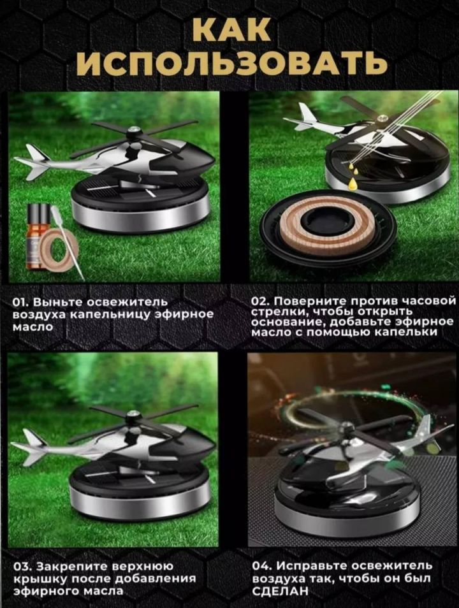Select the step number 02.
point(260,302)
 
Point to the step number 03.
point(22,567)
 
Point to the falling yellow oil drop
point(353,182)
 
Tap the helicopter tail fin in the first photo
point(33,161)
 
